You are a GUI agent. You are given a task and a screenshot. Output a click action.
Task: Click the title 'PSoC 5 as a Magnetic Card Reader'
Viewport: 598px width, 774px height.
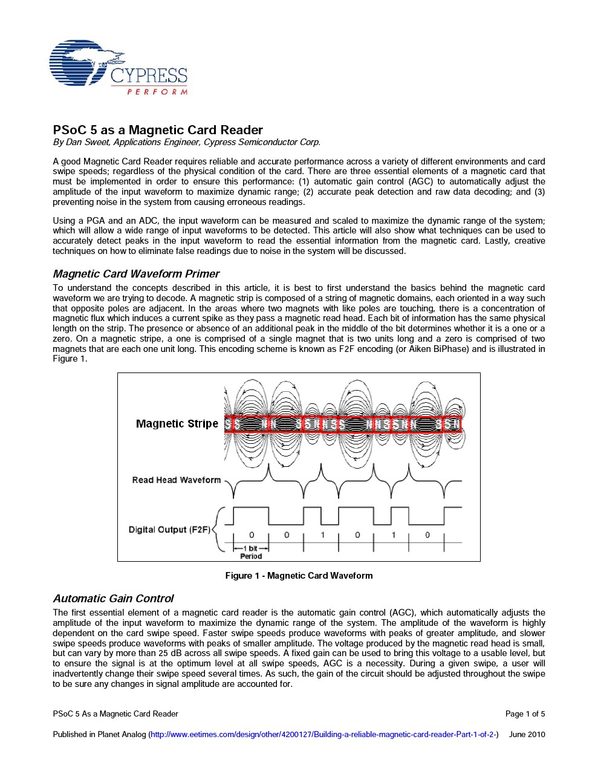tap(158, 130)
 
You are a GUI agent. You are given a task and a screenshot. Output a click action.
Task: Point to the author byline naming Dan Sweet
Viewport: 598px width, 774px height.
tap(186, 142)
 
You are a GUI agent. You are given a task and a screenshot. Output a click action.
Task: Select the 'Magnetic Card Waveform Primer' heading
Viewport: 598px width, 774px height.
tap(136, 274)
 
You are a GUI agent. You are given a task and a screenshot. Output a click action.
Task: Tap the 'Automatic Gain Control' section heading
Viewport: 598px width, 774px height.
tap(113, 599)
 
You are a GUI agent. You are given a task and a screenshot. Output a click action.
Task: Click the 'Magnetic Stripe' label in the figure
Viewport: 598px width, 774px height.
tap(177, 423)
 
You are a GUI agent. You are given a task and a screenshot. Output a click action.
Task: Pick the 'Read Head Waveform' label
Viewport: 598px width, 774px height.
tap(176, 480)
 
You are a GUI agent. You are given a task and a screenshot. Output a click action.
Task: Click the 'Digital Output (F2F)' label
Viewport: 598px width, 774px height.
tap(169, 530)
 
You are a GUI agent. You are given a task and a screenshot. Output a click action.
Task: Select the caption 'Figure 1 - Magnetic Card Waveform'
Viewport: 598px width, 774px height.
tap(299, 576)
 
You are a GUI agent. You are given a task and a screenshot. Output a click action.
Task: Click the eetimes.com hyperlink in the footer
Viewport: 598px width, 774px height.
tap(323, 735)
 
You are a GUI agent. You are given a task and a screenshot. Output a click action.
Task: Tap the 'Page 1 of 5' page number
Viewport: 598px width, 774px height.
tap(525, 714)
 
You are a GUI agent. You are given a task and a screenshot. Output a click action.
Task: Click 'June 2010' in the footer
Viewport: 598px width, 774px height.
tap(527, 735)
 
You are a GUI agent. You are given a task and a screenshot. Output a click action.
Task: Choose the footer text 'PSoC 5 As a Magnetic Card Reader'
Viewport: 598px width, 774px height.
tap(115, 714)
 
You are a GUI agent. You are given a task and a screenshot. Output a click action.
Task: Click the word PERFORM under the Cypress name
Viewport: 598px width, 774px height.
tap(157, 92)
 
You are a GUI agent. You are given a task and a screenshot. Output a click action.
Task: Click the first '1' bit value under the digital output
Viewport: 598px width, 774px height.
tap(322, 535)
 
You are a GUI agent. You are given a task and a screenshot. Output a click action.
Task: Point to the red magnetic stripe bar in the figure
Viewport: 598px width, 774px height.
tap(342, 424)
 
